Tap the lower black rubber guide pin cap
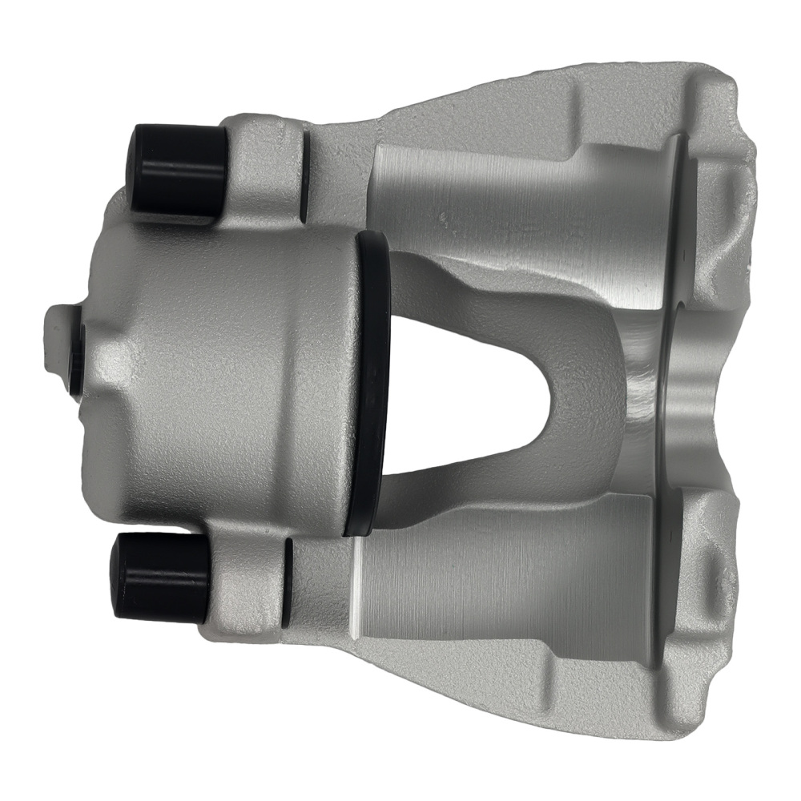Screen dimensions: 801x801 [x=160, y=576]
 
